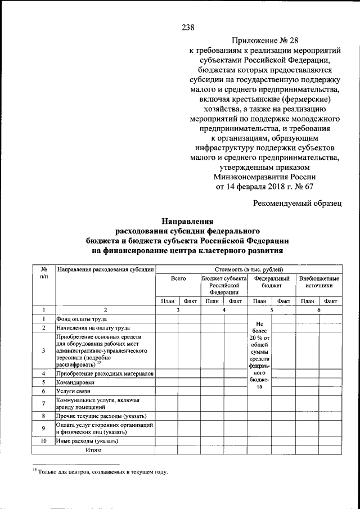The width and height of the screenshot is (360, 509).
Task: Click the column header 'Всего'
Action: click(178, 279)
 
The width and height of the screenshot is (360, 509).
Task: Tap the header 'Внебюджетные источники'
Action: click(319, 282)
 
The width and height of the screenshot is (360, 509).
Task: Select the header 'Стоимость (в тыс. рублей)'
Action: click(249, 269)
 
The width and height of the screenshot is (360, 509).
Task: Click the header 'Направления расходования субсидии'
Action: click(105, 269)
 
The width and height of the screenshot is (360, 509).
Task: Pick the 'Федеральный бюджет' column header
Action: click(272, 282)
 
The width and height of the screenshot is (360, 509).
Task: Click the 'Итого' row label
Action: click(93, 450)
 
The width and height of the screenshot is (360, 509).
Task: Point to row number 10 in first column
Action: click(43, 442)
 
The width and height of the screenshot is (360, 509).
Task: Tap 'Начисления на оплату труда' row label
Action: click(93, 327)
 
